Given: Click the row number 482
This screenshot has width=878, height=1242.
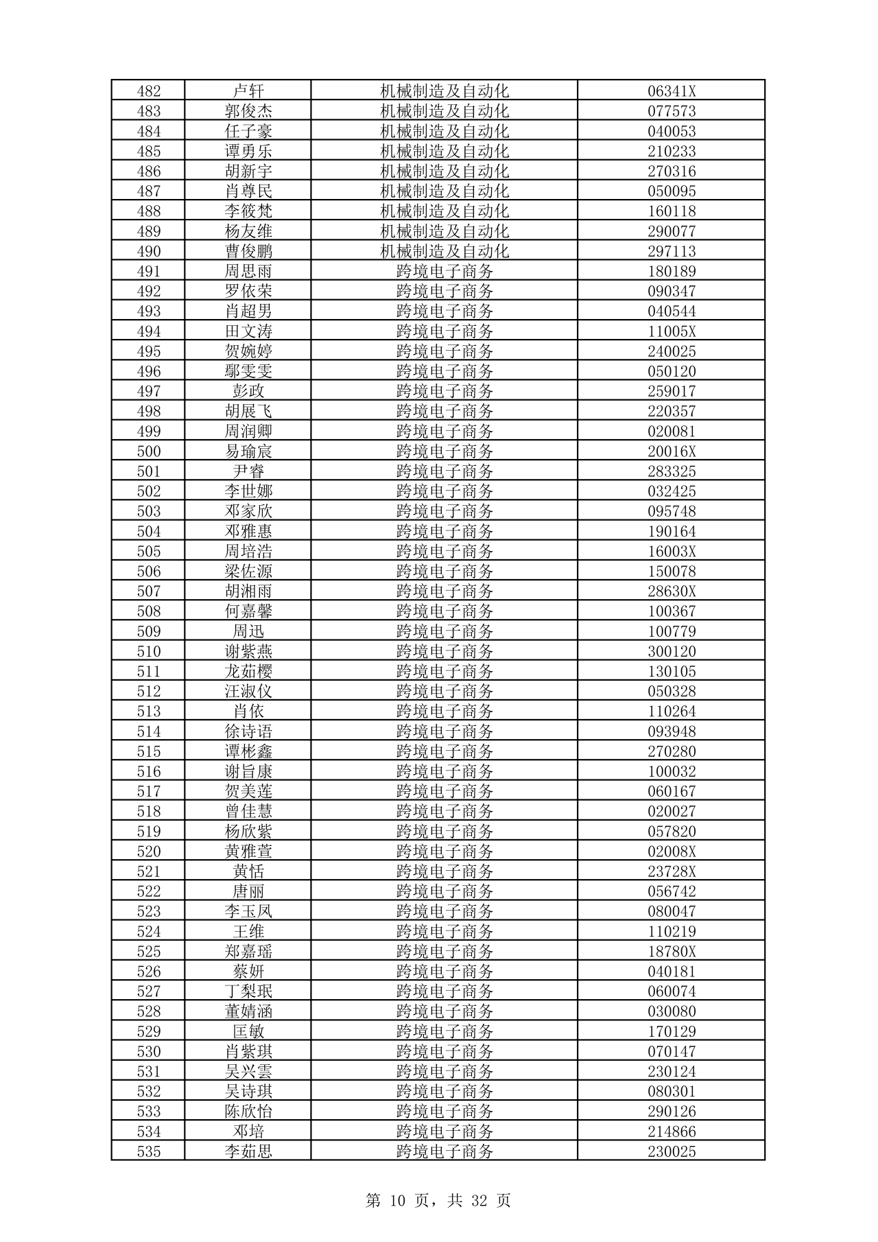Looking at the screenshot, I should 149,91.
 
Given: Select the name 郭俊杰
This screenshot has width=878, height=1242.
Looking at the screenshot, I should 248,111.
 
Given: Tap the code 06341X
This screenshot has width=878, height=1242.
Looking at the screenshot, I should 672,91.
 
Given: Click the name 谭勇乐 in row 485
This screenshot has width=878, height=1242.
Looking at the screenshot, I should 248,151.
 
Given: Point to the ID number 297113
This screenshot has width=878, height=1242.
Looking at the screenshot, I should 672,251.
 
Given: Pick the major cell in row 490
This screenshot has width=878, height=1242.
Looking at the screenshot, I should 444,251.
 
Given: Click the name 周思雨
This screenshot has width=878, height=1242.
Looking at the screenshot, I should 248,271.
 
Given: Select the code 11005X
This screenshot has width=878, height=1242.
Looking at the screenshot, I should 672,331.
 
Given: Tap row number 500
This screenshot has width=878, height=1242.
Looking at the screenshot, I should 149,452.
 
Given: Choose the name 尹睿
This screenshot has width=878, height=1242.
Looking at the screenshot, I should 248,471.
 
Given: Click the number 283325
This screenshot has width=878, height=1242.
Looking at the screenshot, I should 672,471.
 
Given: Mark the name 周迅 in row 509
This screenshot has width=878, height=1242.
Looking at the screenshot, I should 248,631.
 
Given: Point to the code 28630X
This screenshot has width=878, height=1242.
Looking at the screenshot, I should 672,591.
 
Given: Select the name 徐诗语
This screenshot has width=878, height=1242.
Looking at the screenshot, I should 248,731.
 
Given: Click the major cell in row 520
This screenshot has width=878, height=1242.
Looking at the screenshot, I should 444,852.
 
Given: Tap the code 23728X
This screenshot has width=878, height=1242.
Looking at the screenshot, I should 672,871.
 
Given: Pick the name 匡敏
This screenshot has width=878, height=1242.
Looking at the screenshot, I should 248,1031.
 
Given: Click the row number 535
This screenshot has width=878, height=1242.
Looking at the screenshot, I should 149,1151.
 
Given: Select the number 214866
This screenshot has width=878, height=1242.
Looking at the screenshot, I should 672,1132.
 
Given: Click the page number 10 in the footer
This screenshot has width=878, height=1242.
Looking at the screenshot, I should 398,1201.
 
